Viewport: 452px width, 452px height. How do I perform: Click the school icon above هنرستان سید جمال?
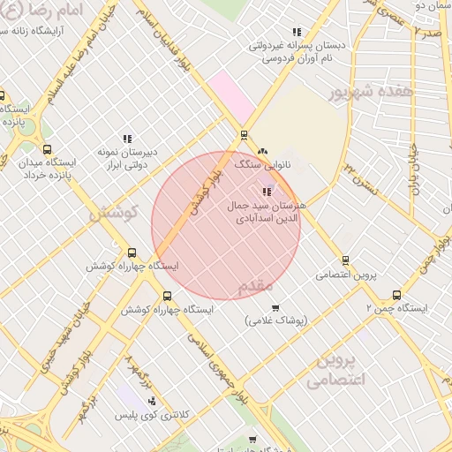[267, 191]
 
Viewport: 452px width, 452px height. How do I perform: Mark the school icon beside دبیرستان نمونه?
[128, 138]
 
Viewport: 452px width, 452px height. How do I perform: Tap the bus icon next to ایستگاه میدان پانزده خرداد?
[47, 149]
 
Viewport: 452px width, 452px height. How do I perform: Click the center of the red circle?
[226, 226]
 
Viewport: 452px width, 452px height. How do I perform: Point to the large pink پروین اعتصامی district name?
[336, 371]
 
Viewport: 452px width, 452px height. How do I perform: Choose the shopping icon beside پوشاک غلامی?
[276, 308]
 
